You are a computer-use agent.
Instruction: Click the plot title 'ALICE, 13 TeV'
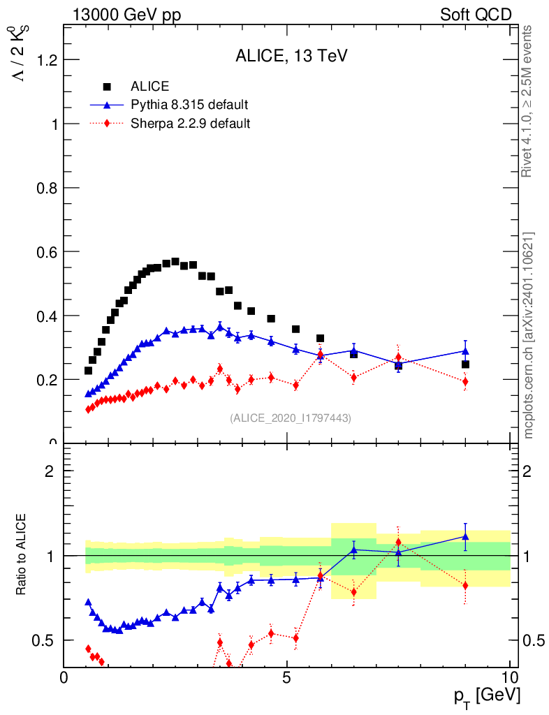[291, 57]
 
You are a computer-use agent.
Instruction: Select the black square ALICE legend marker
[107, 87]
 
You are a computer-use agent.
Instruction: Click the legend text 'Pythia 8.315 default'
[189, 105]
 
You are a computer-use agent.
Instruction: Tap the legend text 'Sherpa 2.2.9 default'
[191, 124]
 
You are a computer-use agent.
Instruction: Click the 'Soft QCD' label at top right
[476, 15]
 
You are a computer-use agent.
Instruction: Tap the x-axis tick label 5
[286, 677]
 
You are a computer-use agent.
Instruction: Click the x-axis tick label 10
[510, 677]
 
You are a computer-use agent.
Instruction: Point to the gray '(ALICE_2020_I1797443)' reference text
[291, 418]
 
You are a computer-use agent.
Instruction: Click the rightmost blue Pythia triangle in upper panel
[465, 351]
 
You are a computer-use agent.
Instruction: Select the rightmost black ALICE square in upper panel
[465, 364]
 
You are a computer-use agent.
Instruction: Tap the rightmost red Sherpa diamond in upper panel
[465, 381]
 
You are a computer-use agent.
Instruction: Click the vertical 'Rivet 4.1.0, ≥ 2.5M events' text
[528, 101]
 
